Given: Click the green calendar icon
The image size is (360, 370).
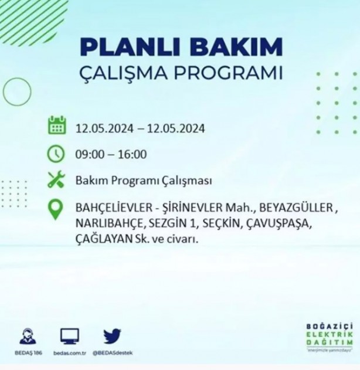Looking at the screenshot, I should [57, 126].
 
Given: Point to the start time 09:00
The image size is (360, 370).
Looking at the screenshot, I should [89, 155].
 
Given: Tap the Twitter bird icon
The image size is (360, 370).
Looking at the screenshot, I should [112, 336].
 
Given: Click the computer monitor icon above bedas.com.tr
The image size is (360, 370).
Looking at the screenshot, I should [70, 336].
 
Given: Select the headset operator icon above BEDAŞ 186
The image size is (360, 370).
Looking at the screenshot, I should [26, 337].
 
